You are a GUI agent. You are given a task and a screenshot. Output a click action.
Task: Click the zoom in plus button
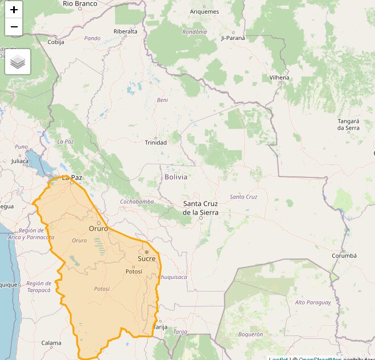point(14,10)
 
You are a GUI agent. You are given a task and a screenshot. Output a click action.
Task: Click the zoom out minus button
point(14,27)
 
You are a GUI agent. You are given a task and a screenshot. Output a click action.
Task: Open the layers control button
point(18,62)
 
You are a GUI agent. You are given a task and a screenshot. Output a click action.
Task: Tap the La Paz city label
point(72,177)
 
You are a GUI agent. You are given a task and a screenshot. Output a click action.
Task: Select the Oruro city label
point(98,228)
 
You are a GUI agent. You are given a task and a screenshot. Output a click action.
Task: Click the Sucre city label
point(146,258)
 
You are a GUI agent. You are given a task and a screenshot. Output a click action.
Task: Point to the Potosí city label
point(134,272)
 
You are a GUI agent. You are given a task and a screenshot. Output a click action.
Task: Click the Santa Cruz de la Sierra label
point(200,208)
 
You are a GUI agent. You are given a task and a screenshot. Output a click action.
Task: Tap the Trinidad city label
point(156,143)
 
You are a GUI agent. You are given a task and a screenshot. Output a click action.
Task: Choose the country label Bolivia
point(176,177)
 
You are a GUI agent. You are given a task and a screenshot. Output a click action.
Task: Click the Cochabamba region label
point(137,202)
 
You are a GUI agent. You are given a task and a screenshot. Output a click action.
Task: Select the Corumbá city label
point(344,256)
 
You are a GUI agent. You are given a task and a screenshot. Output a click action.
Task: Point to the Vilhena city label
point(280,78)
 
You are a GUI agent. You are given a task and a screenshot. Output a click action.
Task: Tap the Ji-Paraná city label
point(233,38)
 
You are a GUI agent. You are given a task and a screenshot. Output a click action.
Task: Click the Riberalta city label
point(126,31)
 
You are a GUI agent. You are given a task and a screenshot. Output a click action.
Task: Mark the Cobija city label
point(56,42)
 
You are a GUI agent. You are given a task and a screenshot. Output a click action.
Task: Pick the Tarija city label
point(161,327)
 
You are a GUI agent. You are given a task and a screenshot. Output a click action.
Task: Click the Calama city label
point(51,343)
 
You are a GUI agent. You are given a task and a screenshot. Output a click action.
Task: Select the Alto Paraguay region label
point(312,302)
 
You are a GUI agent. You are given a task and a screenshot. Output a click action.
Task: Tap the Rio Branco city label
point(80,3)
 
